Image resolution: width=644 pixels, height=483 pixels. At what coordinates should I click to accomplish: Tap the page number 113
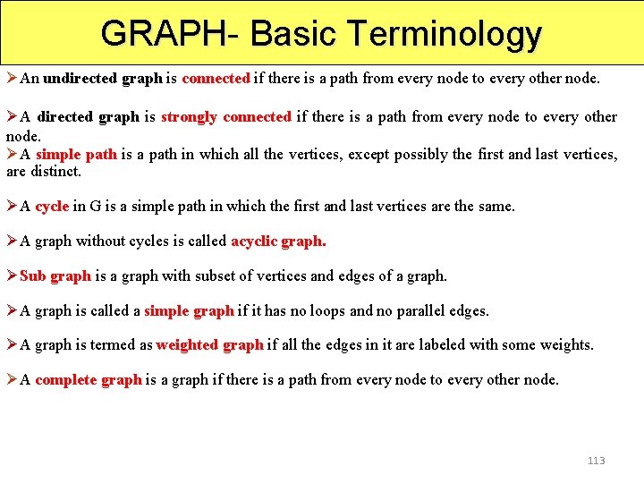tap(596, 461)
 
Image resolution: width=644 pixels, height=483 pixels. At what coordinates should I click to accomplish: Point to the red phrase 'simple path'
tap(76, 154)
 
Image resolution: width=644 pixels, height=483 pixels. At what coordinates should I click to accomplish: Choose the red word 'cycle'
tap(52, 206)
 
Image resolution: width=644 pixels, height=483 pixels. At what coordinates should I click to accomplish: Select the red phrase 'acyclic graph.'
tap(278, 241)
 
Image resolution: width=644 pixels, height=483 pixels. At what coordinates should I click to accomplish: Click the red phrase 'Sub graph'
tap(55, 275)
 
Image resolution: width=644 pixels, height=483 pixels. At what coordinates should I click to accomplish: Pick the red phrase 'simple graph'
tap(189, 310)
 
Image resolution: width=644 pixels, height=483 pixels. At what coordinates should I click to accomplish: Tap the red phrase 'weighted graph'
tap(209, 344)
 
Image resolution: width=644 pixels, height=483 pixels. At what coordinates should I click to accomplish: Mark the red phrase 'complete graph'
tap(89, 379)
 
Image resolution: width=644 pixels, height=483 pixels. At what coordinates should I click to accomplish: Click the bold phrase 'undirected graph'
tap(103, 78)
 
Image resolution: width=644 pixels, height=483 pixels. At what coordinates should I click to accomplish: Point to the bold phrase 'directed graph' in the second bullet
tap(88, 116)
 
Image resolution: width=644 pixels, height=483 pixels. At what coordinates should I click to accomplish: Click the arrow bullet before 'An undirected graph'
tap(12, 78)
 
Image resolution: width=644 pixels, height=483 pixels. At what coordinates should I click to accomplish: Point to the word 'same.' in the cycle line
tap(496, 206)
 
